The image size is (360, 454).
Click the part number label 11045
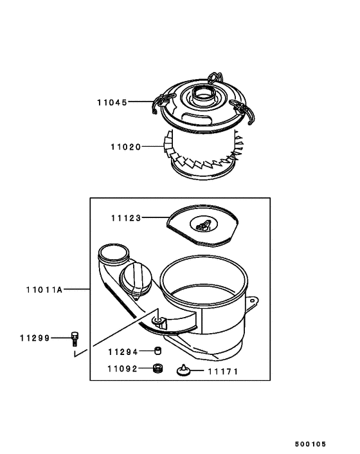pyautogui.click(x=113, y=102)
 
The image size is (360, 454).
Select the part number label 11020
pyautogui.click(x=124, y=147)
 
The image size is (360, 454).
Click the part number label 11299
pyautogui.click(x=34, y=337)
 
